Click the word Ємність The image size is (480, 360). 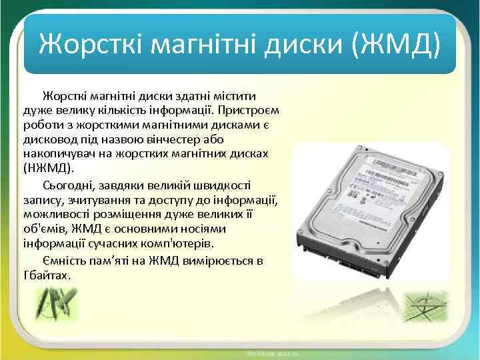pyautogui.click(x=68, y=260)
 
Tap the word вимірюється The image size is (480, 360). pyautogui.click(x=213, y=260)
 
